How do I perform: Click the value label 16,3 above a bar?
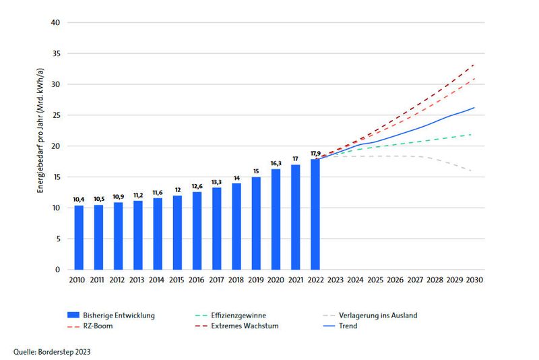click(276, 162)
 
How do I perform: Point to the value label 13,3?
click(216, 181)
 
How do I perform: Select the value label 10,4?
click(79, 199)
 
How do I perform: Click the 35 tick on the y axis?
click(56, 54)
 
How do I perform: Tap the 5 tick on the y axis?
click(59, 239)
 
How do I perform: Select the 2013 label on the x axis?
click(137, 280)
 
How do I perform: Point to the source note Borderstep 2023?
click(51, 351)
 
